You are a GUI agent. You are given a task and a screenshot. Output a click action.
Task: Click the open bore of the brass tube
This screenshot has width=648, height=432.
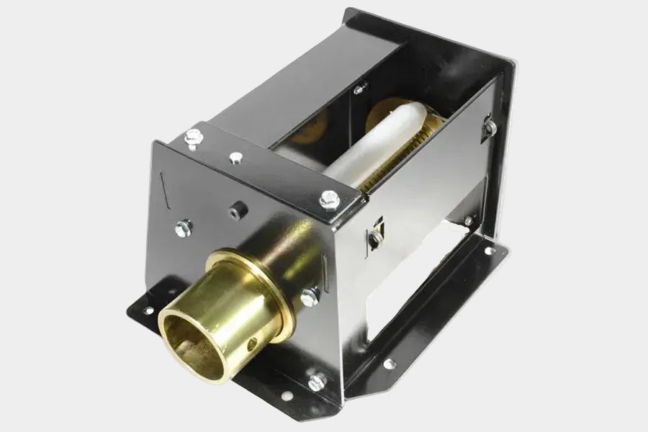189,338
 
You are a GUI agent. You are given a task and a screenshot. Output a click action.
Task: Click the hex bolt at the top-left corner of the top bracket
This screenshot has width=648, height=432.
192,136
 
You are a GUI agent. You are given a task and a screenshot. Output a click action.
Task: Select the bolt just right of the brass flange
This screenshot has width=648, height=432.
310,295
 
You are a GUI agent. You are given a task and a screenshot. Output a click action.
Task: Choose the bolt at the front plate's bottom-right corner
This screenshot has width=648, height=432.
317,380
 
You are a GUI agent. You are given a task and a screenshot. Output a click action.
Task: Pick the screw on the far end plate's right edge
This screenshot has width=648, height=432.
490,127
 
